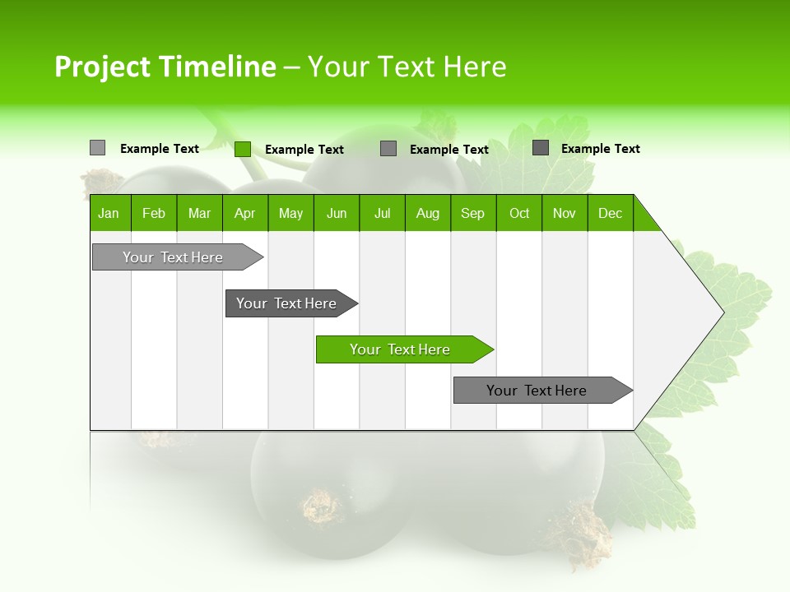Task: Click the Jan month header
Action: click(x=109, y=213)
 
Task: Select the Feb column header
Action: click(x=154, y=213)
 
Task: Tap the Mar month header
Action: click(x=199, y=213)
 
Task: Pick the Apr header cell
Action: click(x=244, y=213)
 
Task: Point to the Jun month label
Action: click(x=337, y=213)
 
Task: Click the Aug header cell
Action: click(x=428, y=213)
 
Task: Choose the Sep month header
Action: click(x=473, y=213)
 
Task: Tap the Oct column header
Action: click(x=519, y=213)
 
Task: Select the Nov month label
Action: click(x=565, y=213)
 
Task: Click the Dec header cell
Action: click(x=611, y=213)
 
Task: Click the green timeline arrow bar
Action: click(x=402, y=349)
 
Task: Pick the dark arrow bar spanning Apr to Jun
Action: click(x=288, y=303)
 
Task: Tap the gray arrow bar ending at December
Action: click(x=539, y=391)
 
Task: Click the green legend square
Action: click(x=242, y=149)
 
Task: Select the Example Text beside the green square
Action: click(x=304, y=150)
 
